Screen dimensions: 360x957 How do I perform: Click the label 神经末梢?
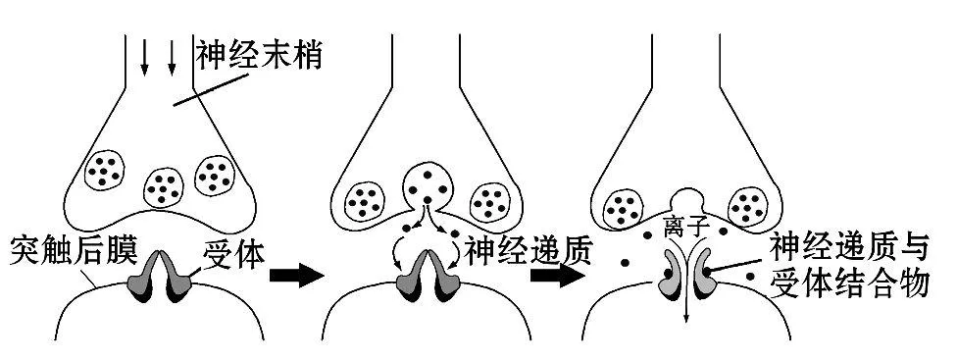coord(260,53)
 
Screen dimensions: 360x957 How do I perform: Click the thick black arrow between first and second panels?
coord(296,275)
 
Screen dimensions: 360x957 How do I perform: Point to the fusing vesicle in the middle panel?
coord(428,182)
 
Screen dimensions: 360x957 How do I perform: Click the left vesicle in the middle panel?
coord(365,200)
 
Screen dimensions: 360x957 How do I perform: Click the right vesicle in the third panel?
coord(750,206)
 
